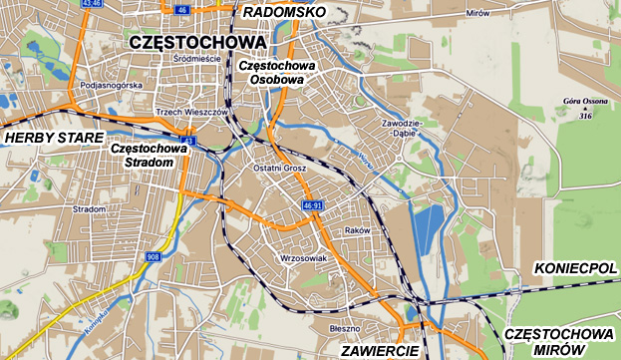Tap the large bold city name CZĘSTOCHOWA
pyautogui.click(x=197, y=43)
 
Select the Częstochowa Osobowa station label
pyautogui.click(x=277, y=72)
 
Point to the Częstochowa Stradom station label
pyautogui.click(x=149, y=156)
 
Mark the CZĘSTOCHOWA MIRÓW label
pyautogui.click(x=557, y=341)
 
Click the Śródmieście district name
pyautogui.click(x=196, y=59)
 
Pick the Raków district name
pyautogui.click(x=356, y=229)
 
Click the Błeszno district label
pyautogui.click(x=343, y=326)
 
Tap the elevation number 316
pyautogui.click(x=586, y=117)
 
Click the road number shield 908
pyautogui.click(x=153, y=257)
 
